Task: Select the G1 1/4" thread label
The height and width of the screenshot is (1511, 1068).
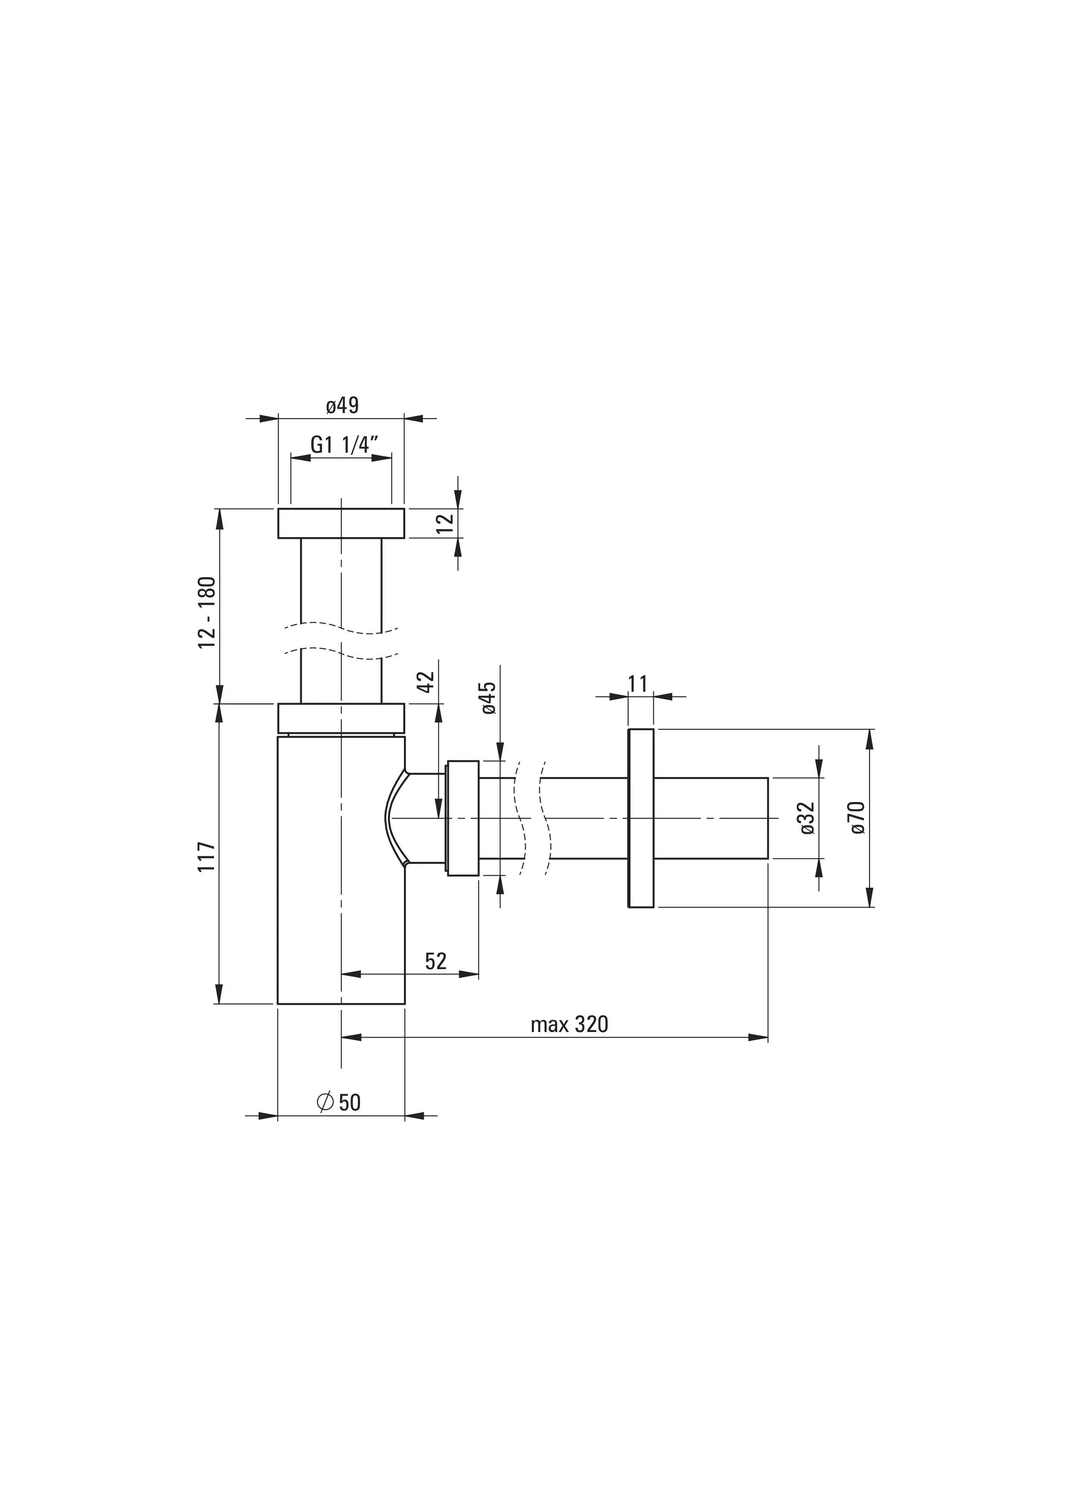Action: click(x=344, y=445)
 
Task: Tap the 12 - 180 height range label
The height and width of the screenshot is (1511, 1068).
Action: click(x=207, y=612)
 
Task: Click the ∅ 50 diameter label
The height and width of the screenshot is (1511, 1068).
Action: click(x=339, y=1102)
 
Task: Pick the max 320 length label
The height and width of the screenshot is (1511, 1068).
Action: click(x=569, y=1024)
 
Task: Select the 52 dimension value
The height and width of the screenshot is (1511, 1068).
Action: click(x=436, y=961)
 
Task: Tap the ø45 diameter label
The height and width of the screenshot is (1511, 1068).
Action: click(x=488, y=698)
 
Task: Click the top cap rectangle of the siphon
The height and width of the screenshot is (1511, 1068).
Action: click(x=341, y=523)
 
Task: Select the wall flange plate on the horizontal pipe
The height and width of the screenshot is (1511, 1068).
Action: click(x=641, y=818)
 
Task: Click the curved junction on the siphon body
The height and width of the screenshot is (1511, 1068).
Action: click(x=395, y=818)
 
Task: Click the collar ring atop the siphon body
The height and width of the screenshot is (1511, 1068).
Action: click(x=341, y=717)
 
